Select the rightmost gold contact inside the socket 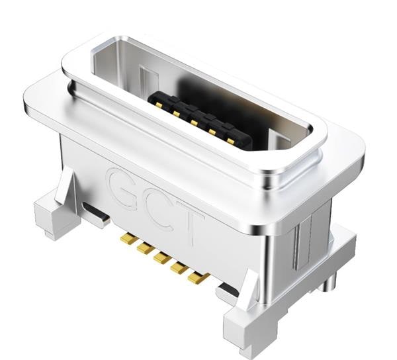coord(229,140)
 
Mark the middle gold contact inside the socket coord(195,121)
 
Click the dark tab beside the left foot coord(98,216)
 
